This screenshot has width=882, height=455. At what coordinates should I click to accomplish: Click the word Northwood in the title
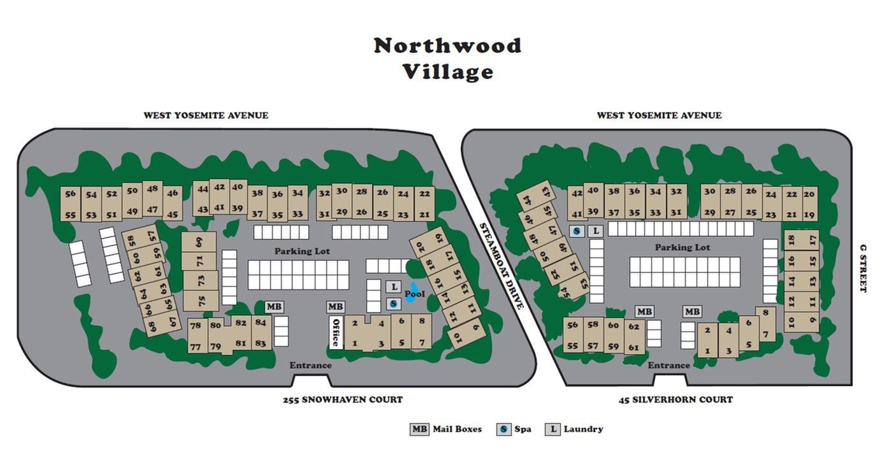pos(447,45)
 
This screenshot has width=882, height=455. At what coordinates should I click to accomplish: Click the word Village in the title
pos(447,71)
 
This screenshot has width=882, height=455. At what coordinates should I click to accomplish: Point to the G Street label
pos(864,268)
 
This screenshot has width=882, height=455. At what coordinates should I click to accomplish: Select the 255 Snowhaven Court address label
pos(343,400)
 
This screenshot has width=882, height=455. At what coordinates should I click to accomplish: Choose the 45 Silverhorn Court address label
pos(676,400)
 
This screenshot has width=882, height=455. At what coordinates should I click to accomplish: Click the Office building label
pos(336,332)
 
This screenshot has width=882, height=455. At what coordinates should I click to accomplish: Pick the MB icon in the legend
pos(419,429)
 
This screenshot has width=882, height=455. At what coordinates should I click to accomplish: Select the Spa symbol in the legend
pos(503,429)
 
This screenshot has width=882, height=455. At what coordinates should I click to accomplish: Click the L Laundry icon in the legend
pos(553,429)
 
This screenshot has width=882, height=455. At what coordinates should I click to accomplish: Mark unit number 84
pos(261,322)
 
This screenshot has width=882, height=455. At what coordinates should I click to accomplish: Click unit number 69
pos(199,242)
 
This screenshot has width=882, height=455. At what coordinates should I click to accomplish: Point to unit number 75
pos(201,299)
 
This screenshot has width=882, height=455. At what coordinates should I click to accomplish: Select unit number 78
pos(196,326)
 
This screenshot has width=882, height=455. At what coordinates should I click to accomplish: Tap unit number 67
pos(172,322)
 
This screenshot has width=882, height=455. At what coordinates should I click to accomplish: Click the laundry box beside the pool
pos(394,287)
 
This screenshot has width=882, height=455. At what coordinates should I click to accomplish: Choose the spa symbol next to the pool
pos(394,303)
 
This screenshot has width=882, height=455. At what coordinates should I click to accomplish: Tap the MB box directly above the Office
pos(335,307)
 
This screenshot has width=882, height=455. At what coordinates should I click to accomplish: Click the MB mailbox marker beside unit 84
pos(274,307)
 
